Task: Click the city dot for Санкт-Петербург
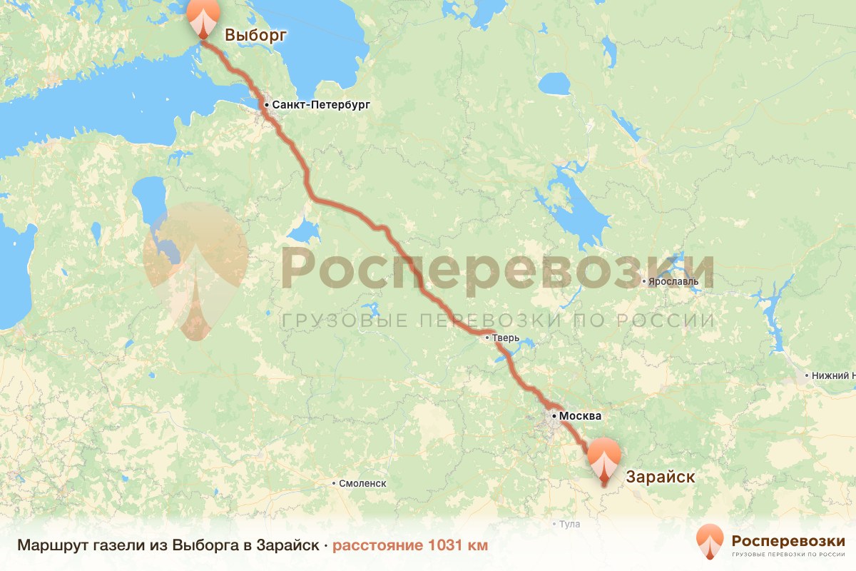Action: pos(266,105)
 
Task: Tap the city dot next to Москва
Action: pos(554,415)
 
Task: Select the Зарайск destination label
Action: pos(660,477)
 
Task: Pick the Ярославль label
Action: pos(673,281)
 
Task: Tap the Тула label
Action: pos(569,524)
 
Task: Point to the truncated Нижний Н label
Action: pos(832,375)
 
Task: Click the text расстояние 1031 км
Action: pos(410,546)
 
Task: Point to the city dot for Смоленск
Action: pos(334,483)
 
